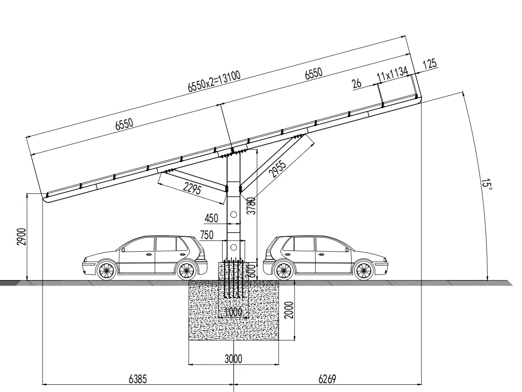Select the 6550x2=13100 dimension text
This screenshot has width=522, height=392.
pyautogui.click(x=214, y=81)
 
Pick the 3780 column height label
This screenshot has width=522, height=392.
pyautogui.click(x=252, y=205)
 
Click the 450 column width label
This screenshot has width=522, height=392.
pyautogui.click(x=211, y=218)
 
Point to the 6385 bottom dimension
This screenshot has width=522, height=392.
pyautogui.click(x=138, y=379)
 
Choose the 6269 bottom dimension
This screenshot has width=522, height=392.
pyautogui.click(x=327, y=379)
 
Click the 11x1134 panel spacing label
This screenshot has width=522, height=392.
pyautogui.click(x=392, y=74)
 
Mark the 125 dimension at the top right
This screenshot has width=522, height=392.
pyautogui.click(x=429, y=64)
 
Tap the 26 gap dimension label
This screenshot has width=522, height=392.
pyautogui.click(x=357, y=83)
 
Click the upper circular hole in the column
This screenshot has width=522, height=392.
pyautogui.click(x=234, y=214)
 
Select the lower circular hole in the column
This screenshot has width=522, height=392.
pyautogui.click(x=234, y=247)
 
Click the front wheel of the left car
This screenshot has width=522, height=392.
pyautogui.click(x=106, y=270)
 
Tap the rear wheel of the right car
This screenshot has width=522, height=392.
pyautogui.click(x=283, y=270)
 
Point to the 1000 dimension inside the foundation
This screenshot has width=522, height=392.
pyautogui.click(x=233, y=311)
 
